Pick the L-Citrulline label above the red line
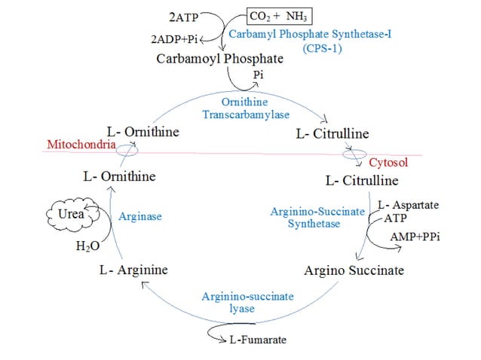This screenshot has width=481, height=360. click(x=330, y=133)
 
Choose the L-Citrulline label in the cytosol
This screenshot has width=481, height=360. click(x=362, y=181)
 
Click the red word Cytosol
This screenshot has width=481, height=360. click(x=388, y=163)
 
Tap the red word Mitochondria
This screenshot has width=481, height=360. click(x=79, y=144)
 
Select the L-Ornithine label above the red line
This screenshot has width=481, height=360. click(x=143, y=132)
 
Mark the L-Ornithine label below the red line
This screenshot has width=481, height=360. click(x=120, y=176)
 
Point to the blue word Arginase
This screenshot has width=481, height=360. click(x=140, y=216)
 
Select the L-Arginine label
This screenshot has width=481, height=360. click(x=133, y=269)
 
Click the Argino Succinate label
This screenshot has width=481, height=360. click(x=354, y=270)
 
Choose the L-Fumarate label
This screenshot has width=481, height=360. click(x=257, y=340)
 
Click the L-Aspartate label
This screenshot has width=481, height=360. click(x=408, y=205)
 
